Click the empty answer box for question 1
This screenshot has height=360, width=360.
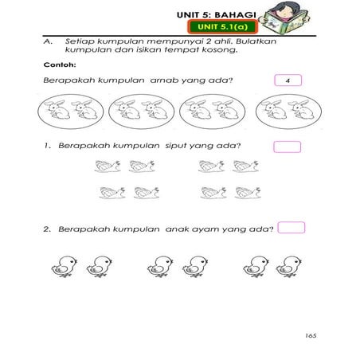[287, 147]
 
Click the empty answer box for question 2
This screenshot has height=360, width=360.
[292, 228]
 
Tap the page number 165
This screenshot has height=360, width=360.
[310, 336]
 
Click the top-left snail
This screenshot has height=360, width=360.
[106, 166]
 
